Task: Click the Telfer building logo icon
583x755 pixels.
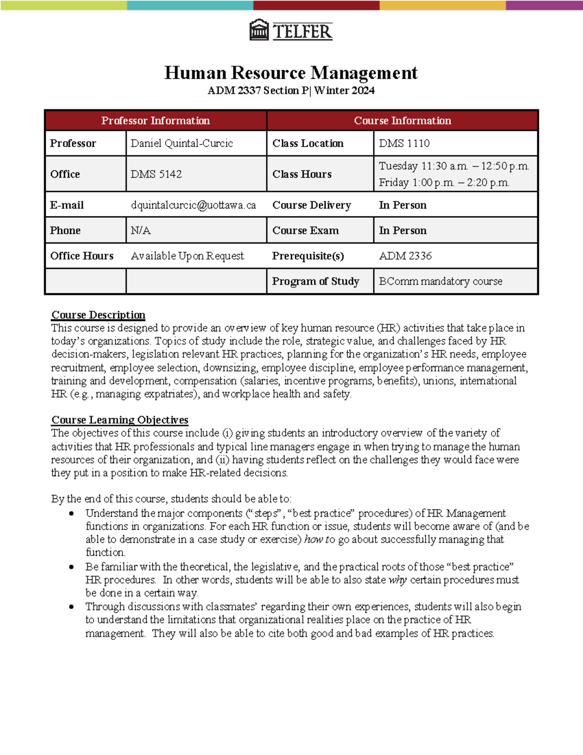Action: [259, 30]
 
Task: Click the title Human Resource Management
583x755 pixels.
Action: [291, 73]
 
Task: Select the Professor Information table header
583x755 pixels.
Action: [155, 121]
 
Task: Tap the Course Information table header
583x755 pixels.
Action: [402, 121]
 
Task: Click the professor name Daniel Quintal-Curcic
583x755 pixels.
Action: [182, 143]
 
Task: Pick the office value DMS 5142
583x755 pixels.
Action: [156, 174]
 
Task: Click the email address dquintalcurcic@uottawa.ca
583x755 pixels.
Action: [193, 205]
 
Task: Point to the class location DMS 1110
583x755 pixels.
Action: [404, 143]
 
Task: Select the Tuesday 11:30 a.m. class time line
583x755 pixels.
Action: [454, 166]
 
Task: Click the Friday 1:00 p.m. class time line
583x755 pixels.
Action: [444, 183]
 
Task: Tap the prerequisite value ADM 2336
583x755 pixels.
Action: [405, 256]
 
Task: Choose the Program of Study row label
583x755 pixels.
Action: [315, 281]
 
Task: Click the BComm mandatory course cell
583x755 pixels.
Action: [441, 281]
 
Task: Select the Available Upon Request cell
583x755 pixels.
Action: [187, 256]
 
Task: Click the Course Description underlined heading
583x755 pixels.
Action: [98, 315]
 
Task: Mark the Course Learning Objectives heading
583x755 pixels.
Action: [120, 420]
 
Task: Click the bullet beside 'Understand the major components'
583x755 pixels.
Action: [71, 513]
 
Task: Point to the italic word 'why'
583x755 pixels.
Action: [397, 580]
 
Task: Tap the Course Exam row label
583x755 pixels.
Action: [305, 230]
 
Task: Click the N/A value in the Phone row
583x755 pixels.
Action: [140, 230]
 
